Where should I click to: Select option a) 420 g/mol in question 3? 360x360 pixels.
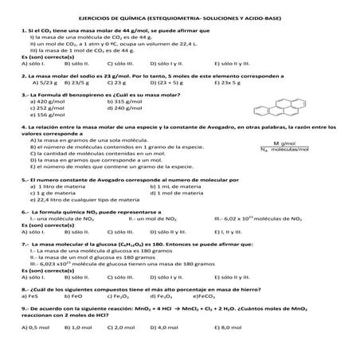pos(47,101)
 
